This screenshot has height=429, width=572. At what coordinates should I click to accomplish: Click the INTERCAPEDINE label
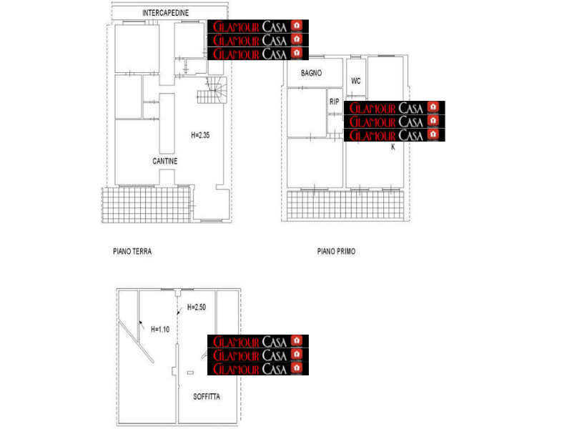click(165, 13)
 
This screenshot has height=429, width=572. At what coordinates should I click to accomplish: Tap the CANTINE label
click(165, 162)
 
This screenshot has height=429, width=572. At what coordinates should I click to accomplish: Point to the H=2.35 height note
click(200, 135)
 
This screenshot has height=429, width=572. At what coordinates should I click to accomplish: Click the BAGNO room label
click(311, 73)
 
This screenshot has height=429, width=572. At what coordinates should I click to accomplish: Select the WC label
click(355, 81)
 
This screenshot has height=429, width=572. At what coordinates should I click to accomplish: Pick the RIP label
click(334, 102)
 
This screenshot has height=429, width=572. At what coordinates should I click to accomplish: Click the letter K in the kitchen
click(393, 147)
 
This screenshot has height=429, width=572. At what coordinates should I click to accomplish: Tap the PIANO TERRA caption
click(132, 252)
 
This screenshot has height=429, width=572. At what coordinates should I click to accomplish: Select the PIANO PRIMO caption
click(336, 252)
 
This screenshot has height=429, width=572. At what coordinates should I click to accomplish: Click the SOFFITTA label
click(207, 397)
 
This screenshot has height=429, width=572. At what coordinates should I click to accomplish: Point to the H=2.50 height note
click(196, 307)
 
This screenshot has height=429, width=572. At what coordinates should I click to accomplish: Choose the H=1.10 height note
click(160, 330)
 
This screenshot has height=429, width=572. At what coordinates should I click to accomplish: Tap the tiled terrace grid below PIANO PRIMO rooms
click(345, 205)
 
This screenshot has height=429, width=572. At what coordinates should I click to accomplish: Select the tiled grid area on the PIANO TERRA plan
click(146, 204)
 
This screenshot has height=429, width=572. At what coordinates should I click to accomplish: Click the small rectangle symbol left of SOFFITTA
click(190, 373)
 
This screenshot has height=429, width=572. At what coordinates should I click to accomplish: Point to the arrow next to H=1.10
click(142, 324)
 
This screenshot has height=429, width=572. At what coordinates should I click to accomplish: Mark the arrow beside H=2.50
click(179, 311)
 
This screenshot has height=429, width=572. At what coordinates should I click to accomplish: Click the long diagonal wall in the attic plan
click(136, 342)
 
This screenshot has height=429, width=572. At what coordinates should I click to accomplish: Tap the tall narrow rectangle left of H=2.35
click(167, 124)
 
